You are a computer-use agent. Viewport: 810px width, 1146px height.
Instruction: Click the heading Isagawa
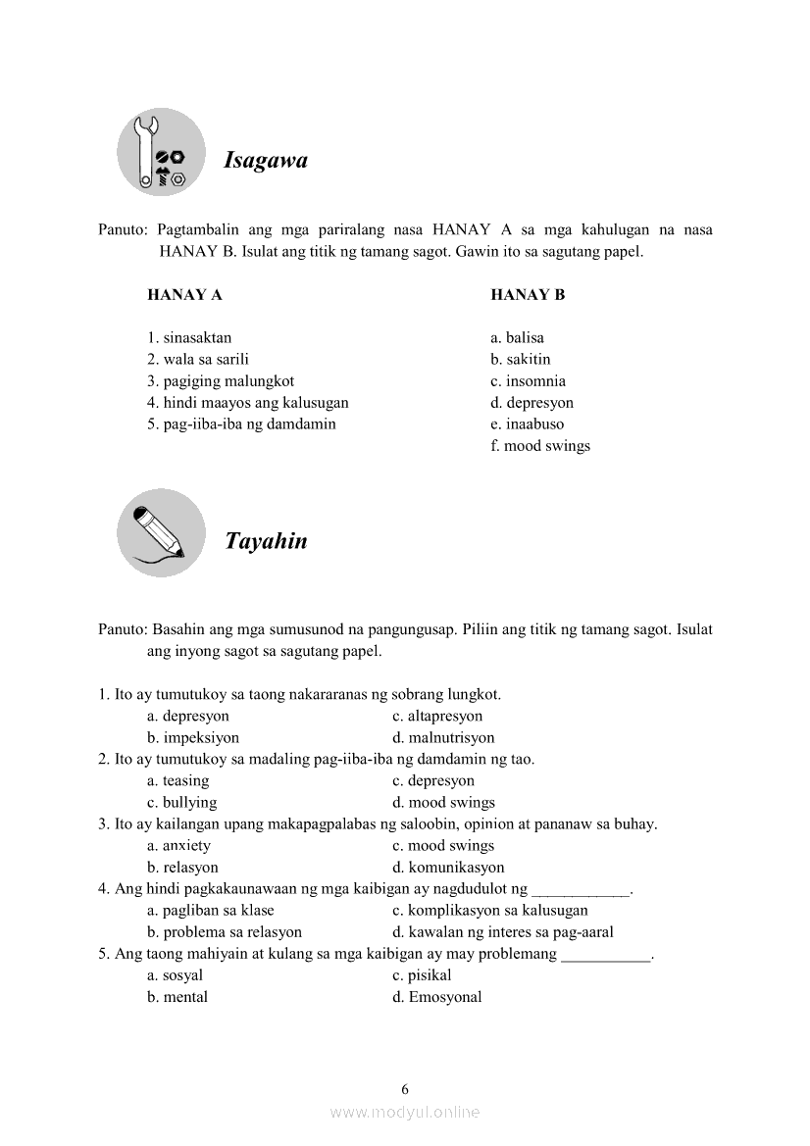pyautogui.click(x=266, y=160)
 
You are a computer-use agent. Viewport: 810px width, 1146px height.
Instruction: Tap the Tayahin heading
pyautogui.click(x=266, y=540)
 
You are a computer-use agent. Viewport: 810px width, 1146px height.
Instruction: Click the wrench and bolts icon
pyautogui.click(x=161, y=153)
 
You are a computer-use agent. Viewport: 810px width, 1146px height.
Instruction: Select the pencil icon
pyautogui.click(x=161, y=532)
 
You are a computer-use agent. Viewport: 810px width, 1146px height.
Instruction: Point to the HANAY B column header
pyautogui.click(x=528, y=294)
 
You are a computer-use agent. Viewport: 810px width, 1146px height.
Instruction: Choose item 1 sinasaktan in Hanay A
pyautogui.click(x=189, y=338)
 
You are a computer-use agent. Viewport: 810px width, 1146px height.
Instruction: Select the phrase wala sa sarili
pyautogui.click(x=198, y=360)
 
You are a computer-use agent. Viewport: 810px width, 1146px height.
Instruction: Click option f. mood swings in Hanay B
pyautogui.click(x=540, y=446)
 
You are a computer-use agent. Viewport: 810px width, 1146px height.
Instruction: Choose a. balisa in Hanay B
pyautogui.click(x=517, y=338)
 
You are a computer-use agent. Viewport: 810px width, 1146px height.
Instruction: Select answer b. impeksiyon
pyautogui.click(x=193, y=738)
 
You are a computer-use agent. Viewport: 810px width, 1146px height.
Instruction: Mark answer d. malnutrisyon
pyautogui.click(x=443, y=738)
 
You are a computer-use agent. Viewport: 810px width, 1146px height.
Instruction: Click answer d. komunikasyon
pyautogui.click(x=448, y=868)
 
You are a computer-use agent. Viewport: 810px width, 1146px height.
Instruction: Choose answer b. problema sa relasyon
pyautogui.click(x=225, y=932)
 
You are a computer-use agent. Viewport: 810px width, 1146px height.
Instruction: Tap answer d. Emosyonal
pyautogui.click(x=436, y=997)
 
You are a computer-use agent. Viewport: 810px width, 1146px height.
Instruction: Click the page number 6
pyautogui.click(x=405, y=1088)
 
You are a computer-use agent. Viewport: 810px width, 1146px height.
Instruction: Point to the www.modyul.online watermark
pyautogui.click(x=405, y=1113)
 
